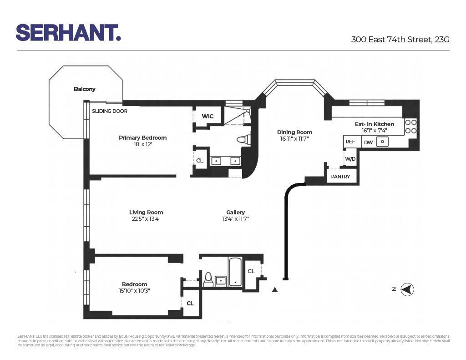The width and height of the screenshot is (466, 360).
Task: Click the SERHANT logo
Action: click(x=68, y=33)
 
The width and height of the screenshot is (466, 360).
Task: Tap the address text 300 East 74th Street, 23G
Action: click(x=400, y=40)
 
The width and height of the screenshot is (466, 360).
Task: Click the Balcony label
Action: click(x=85, y=89)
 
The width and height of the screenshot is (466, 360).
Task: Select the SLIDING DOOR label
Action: click(x=110, y=111)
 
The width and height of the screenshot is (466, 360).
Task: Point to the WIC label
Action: click(x=208, y=117)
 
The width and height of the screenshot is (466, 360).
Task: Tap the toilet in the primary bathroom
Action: click(x=244, y=140)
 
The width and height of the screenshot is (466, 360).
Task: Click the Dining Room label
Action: click(x=294, y=132)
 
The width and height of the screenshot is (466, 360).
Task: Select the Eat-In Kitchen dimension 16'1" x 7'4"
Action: click(x=374, y=130)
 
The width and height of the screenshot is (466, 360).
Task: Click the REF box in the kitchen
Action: click(x=350, y=142)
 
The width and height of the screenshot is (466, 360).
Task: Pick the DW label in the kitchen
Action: click(x=368, y=142)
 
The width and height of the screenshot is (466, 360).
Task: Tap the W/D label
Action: click(x=350, y=159)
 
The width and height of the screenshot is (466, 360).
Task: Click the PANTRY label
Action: click(x=340, y=177)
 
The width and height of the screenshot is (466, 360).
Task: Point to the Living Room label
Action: click(x=146, y=212)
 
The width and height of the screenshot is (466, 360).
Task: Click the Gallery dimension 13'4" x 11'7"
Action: click(x=235, y=218)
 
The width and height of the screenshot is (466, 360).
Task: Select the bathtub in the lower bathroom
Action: click(x=235, y=272)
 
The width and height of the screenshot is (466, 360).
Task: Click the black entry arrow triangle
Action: click(x=274, y=289)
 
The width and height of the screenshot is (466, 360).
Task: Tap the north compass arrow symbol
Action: click(x=407, y=289)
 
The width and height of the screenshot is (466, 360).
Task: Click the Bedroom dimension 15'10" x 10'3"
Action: click(x=134, y=291)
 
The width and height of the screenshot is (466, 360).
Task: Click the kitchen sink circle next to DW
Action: click(x=383, y=142)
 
